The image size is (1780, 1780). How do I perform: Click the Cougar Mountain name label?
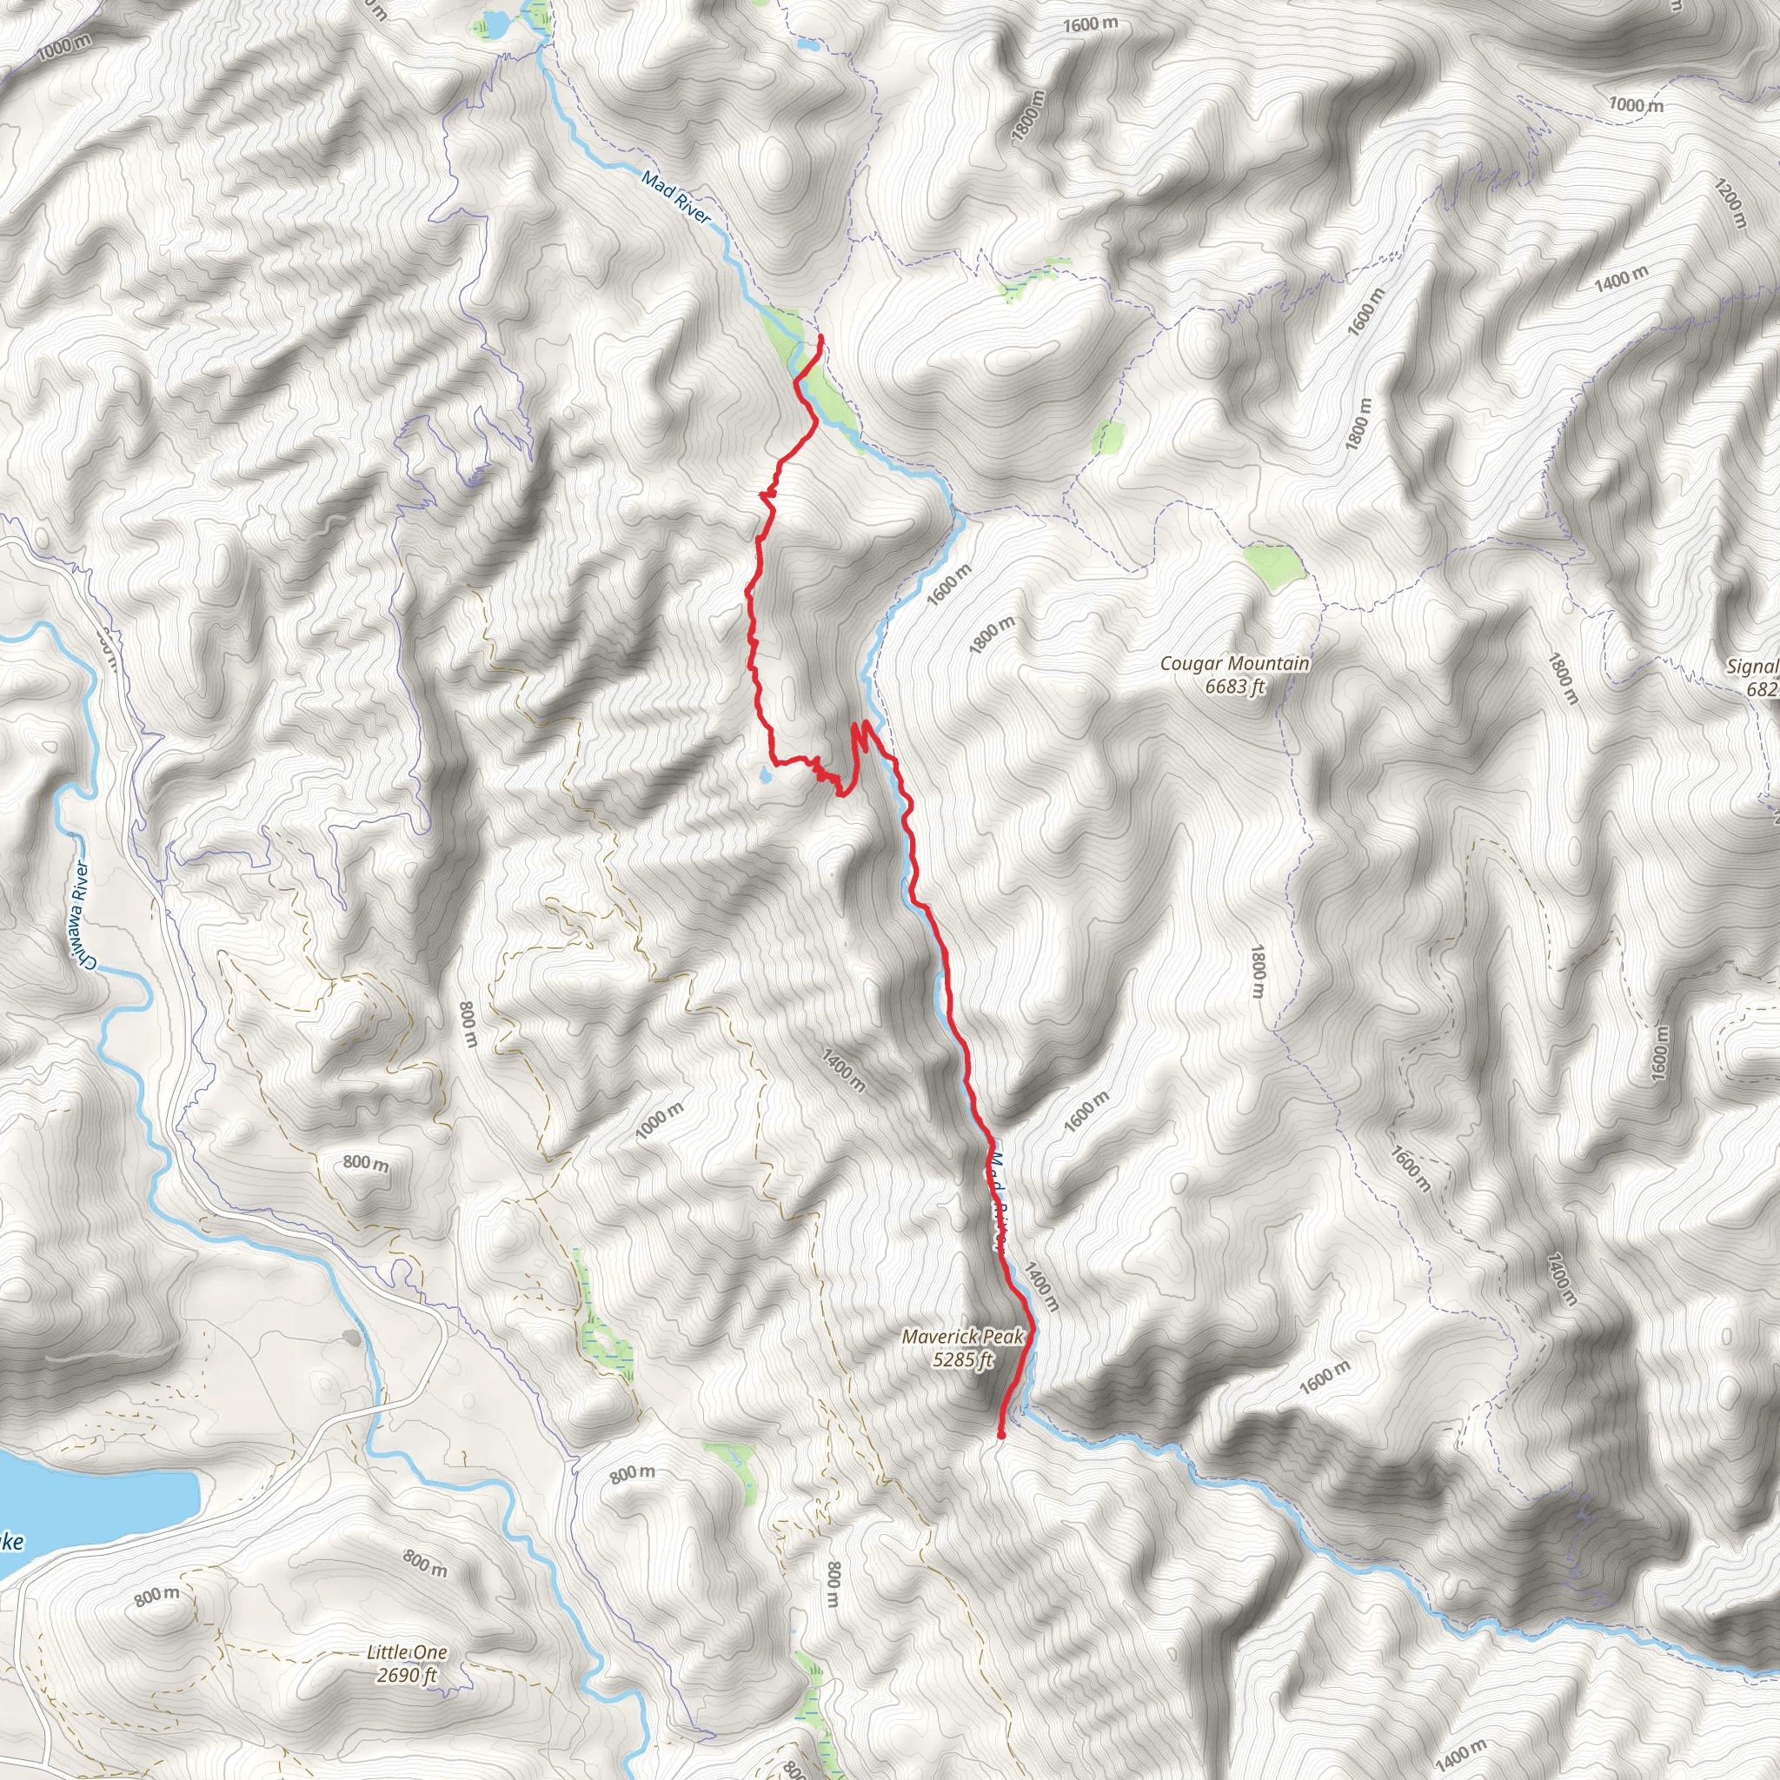click(x=1233, y=663)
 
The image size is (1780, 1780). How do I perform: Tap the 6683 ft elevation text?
click(x=1234, y=687)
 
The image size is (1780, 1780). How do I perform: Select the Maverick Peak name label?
click(x=962, y=1337)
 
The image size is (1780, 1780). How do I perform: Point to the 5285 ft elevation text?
click(x=963, y=1360)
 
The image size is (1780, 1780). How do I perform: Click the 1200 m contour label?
click(x=1730, y=203)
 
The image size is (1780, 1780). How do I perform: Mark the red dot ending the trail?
click(x=1000, y=1434)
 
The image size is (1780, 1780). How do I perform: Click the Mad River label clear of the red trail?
click(x=677, y=197)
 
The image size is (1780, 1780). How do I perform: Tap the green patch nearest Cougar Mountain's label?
click(x=1273, y=561)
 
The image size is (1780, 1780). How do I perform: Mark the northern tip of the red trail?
click(x=820, y=337)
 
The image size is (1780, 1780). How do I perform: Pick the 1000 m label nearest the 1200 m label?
click(x=1637, y=105)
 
